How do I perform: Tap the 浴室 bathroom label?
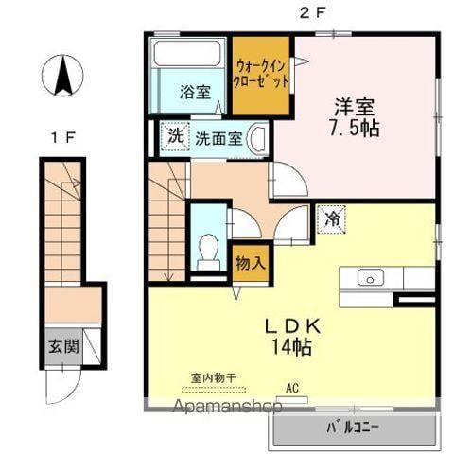point(195,93)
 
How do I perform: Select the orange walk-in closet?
point(262,75)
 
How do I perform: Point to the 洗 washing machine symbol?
point(174,136)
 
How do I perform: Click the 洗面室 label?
point(219,137)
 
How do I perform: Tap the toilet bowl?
point(208,252)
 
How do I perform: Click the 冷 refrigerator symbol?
point(332,218)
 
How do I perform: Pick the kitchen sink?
point(370,278)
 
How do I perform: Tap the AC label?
point(292,386)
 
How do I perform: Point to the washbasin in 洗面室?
point(258,137)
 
